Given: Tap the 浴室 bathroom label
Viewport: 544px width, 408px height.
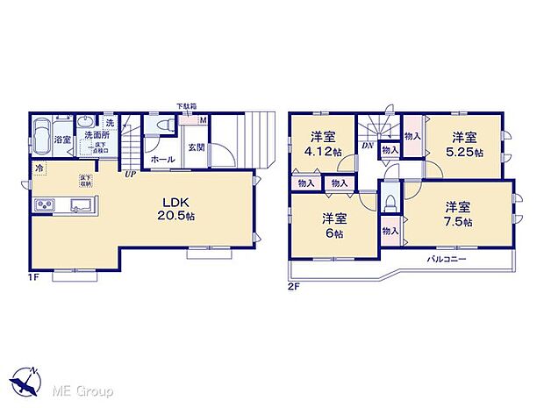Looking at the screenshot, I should pyautogui.click(x=62, y=140).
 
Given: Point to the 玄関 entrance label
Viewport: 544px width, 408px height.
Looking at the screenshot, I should pyautogui.click(x=195, y=147).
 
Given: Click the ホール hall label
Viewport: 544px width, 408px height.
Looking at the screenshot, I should pyautogui.click(x=161, y=160).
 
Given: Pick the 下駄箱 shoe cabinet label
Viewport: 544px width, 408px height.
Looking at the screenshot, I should pyautogui.click(x=186, y=106).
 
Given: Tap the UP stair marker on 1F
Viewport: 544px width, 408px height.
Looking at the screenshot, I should pyautogui.click(x=130, y=175).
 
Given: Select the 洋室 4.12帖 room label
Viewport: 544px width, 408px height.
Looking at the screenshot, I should pyautogui.click(x=323, y=143).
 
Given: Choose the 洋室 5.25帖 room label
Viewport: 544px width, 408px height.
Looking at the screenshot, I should pyautogui.click(x=466, y=144).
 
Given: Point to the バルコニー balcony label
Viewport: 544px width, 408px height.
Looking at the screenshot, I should pyautogui.click(x=447, y=261).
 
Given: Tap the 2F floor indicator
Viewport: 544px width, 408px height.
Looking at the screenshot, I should pyautogui.click(x=295, y=286).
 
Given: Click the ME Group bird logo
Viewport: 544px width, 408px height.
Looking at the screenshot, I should pyautogui.click(x=26, y=383).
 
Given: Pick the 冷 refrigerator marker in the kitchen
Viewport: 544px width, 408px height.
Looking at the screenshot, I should pyautogui.click(x=40, y=167).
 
